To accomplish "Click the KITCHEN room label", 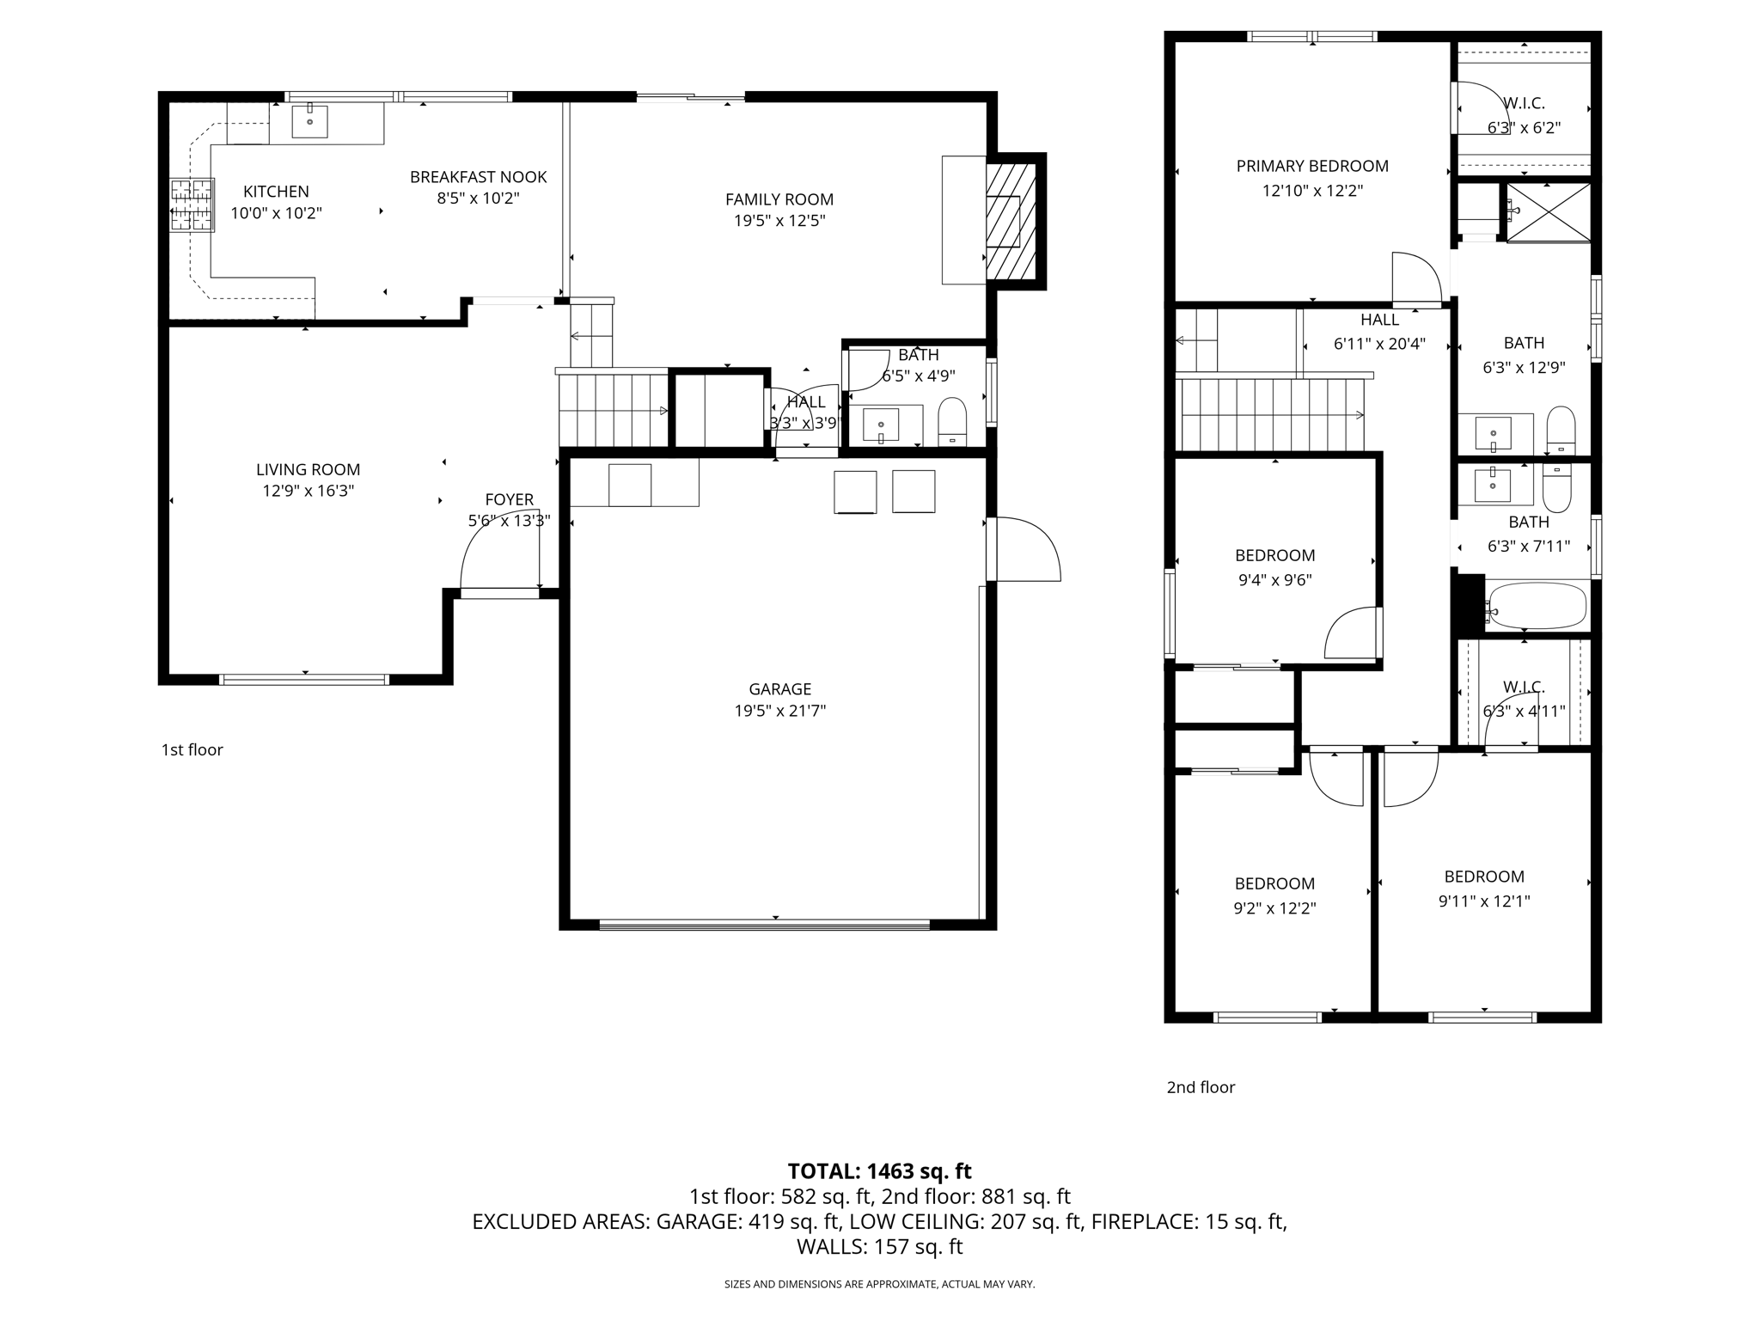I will [x=276, y=192].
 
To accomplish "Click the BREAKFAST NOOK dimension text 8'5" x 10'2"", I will [x=478, y=199].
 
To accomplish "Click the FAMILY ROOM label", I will [x=779, y=199].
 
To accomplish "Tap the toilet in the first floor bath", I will [x=952, y=420].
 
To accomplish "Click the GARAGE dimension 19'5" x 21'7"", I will [x=779, y=711].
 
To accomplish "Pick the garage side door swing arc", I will [x=1027, y=548].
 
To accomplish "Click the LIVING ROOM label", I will [x=308, y=469].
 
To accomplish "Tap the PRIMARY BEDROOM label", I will [x=1311, y=166].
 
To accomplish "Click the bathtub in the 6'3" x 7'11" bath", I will [x=1537, y=607].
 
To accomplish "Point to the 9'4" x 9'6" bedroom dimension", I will [x=1274, y=580].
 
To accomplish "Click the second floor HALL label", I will [x=1379, y=320].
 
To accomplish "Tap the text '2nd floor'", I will [x=1200, y=1087].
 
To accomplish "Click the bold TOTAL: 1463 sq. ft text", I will [x=879, y=1170].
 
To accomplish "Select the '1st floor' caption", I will [x=192, y=749].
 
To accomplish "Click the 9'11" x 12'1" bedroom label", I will [x=1484, y=877].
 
